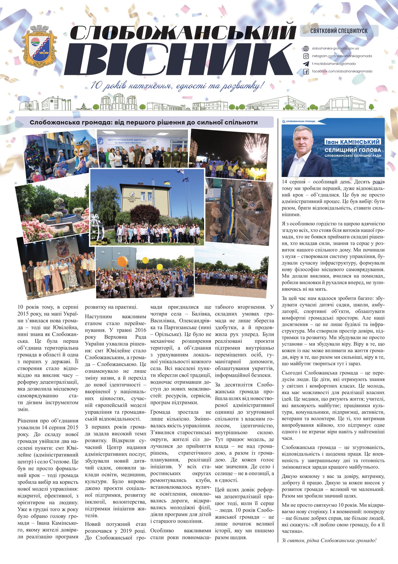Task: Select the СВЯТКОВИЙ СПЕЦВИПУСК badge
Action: pyautogui.click(x=339, y=31)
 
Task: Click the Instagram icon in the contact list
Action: pyautogui.click(x=306, y=56)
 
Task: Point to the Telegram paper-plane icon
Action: pyautogui.click(x=306, y=64)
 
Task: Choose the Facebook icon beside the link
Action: pyautogui.click(x=306, y=72)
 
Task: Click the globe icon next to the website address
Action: pyautogui.click(x=306, y=48)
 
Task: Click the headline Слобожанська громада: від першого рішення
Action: pyautogui.click(x=144, y=122)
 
